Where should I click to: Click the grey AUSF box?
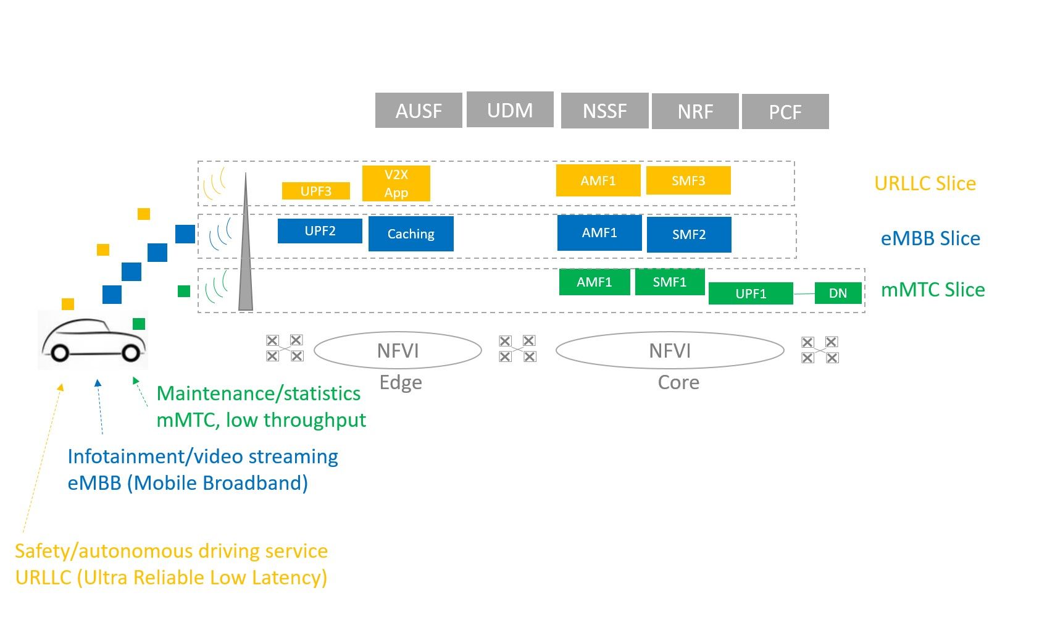pyautogui.click(x=418, y=111)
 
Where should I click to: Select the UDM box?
pyautogui.click(x=510, y=109)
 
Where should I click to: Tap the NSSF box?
pyautogui.click(x=605, y=111)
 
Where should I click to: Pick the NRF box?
pyautogui.click(x=694, y=111)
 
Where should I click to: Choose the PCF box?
pyautogui.click(x=785, y=111)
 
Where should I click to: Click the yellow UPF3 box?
pyautogui.click(x=315, y=191)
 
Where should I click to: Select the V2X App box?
pyautogui.click(x=396, y=183)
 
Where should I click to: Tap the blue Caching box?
pyautogui.click(x=411, y=233)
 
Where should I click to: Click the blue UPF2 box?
pyautogui.click(x=320, y=231)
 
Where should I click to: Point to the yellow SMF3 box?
pyautogui.click(x=688, y=180)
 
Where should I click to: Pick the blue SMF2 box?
pyautogui.click(x=689, y=235)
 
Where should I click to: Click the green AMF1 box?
pyautogui.click(x=594, y=282)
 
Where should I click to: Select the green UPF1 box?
pyautogui.click(x=751, y=293)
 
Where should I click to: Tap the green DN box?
pyautogui.click(x=838, y=293)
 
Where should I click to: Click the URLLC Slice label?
pyautogui.click(x=925, y=183)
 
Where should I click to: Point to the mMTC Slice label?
pyautogui.click(x=933, y=289)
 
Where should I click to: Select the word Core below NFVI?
pyautogui.click(x=678, y=382)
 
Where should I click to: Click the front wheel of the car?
pyautogui.click(x=131, y=352)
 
